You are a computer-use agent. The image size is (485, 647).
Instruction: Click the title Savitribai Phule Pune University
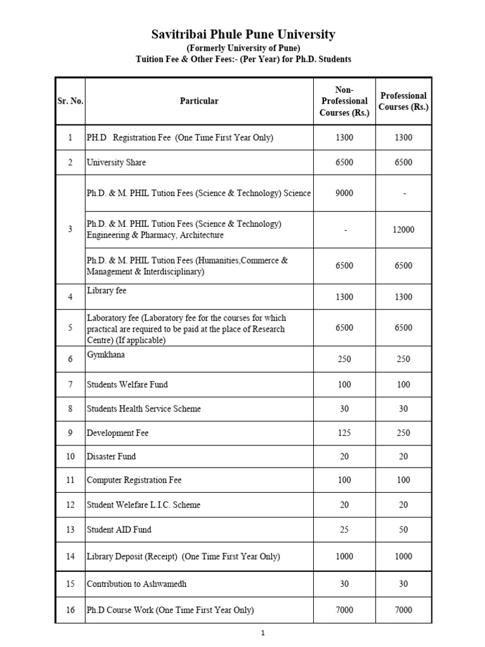(243, 35)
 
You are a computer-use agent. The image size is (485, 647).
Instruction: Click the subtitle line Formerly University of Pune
(243, 48)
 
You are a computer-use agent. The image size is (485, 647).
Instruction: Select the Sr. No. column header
(71, 101)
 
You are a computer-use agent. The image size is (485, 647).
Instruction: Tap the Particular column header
(199, 101)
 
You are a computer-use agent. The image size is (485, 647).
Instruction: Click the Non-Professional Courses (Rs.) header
(344, 101)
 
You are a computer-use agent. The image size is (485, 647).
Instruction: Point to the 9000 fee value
(344, 193)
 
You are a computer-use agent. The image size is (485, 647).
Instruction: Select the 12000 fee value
(404, 230)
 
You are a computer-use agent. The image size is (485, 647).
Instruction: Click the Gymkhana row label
(106, 355)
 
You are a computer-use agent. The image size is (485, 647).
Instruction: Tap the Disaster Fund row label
(111, 457)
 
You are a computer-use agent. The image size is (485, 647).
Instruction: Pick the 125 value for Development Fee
(344, 433)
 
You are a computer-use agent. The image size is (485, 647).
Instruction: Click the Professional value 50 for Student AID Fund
(404, 529)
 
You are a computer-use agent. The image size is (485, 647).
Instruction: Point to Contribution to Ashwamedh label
(137, 584)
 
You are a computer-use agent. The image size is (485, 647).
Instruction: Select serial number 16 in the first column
(71, 610)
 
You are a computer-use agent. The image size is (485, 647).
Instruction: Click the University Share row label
(116, 162)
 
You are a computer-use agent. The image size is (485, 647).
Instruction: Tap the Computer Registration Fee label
(134, 481)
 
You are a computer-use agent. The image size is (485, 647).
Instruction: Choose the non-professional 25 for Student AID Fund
(344, 529)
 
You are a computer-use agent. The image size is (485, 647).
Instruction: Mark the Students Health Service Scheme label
(144, 409)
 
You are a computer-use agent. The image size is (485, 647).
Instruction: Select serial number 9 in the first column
(71, 433)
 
